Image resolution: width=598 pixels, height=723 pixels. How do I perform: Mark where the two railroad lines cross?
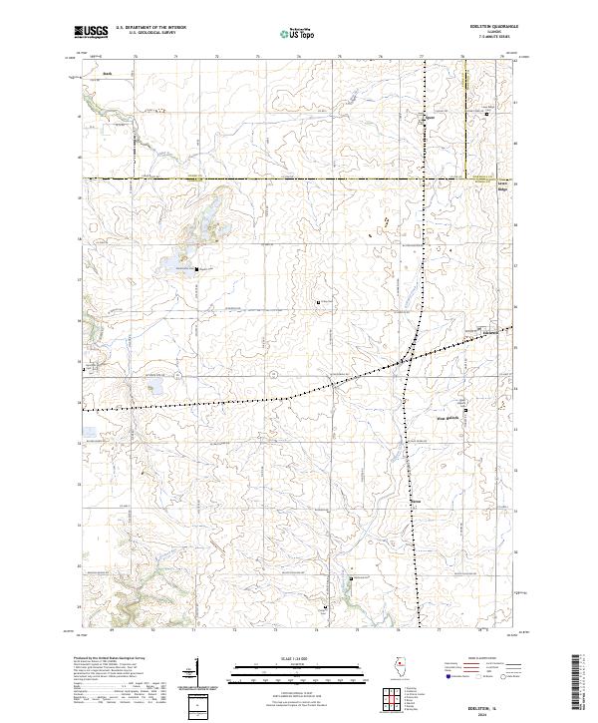pos(408,358)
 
